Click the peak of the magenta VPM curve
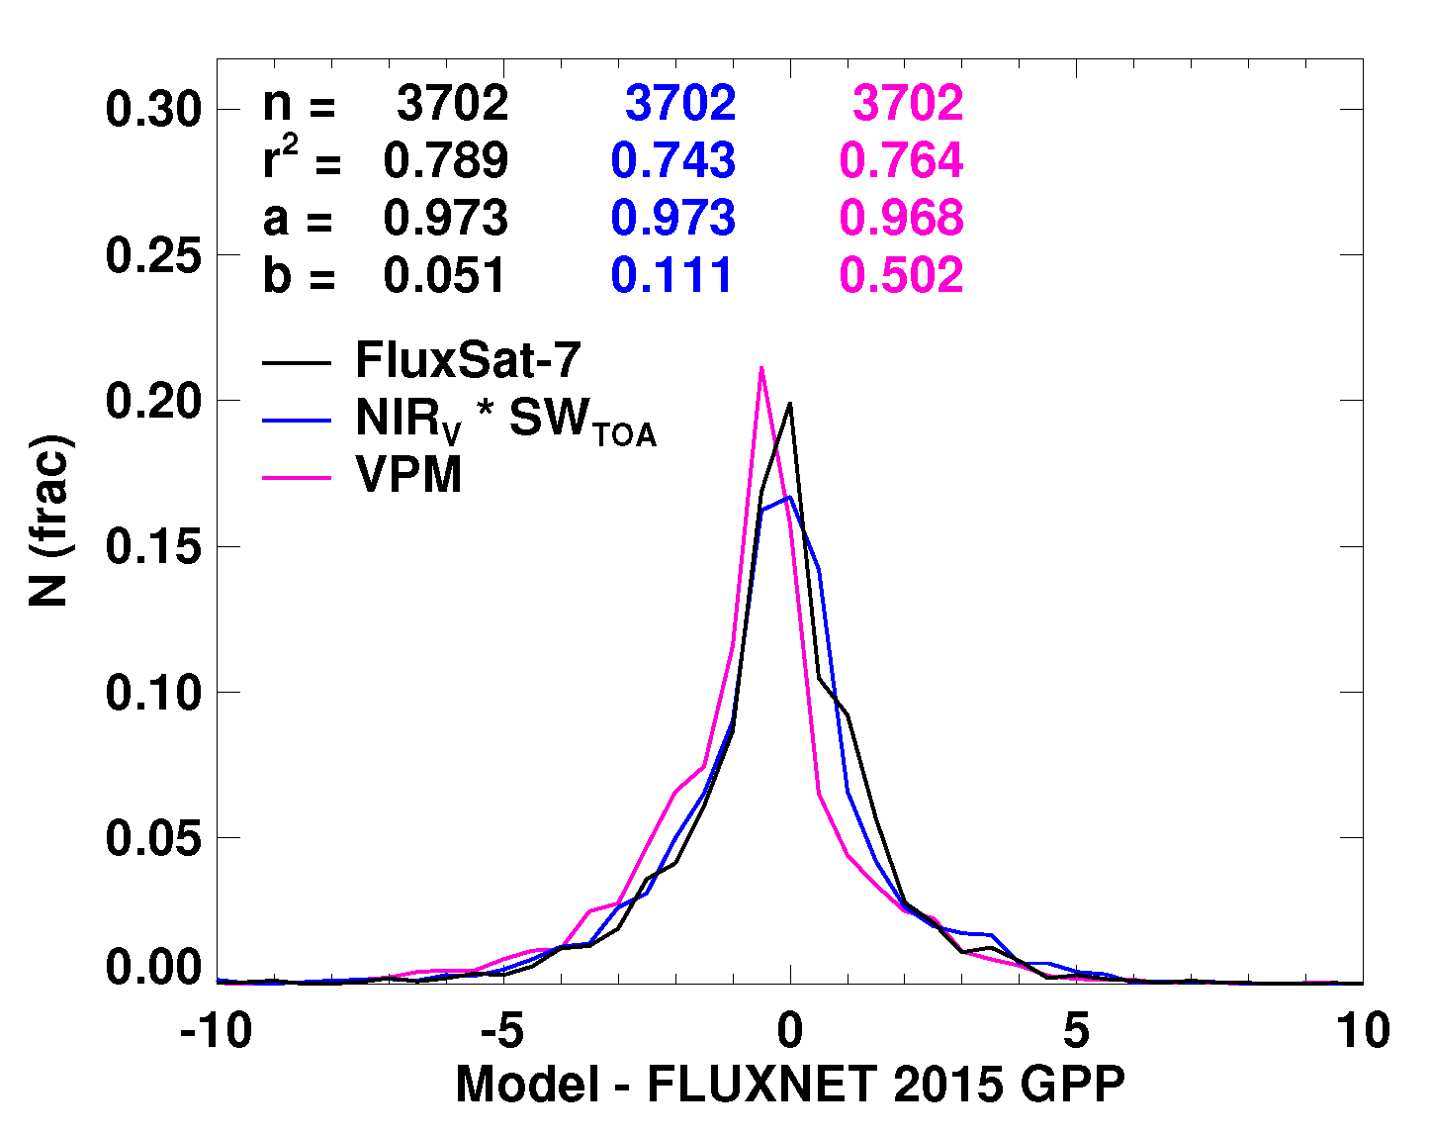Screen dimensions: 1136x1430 click(760, 368)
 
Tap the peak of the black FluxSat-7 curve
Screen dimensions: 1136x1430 click(789, 404)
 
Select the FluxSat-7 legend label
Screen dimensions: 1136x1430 click(467, 360)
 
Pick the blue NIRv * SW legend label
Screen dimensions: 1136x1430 click(505, 422)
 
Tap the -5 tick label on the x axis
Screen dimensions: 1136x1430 click(502, 1031)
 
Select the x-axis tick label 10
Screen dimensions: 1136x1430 click(1361, 1031)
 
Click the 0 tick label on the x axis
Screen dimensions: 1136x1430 click(789, 1031)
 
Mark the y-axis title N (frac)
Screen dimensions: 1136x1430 click(49, 521)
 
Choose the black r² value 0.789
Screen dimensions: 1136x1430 click(446, 160)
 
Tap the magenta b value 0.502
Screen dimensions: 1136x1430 click(901, 275)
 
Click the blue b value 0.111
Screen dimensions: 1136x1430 click(672, 275)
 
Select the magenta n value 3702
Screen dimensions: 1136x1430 click(908, 103)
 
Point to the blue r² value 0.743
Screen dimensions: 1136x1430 click(672, 160)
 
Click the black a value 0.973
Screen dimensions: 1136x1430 click(446, 218)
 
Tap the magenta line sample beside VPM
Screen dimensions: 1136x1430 click(296, 478)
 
